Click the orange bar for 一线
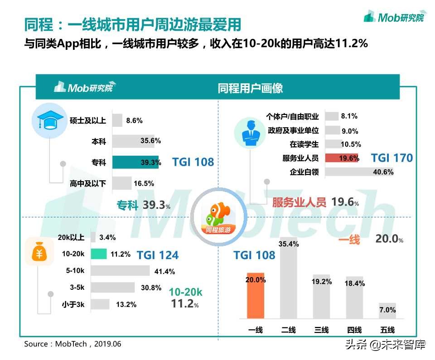point(256,295)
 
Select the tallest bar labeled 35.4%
point(289,278)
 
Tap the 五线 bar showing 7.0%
point(387,311)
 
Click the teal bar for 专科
point(135,162)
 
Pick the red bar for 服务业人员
point(342,158)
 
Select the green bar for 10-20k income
point(98,254)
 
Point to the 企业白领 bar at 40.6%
point(359,172)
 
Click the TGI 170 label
point(392,158)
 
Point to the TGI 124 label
point(157,255)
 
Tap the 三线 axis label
point(321,330)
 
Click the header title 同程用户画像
point(250,88)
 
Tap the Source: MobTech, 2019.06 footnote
point(72,344)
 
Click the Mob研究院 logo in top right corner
point(394,17)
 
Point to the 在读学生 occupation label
point(304,144)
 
